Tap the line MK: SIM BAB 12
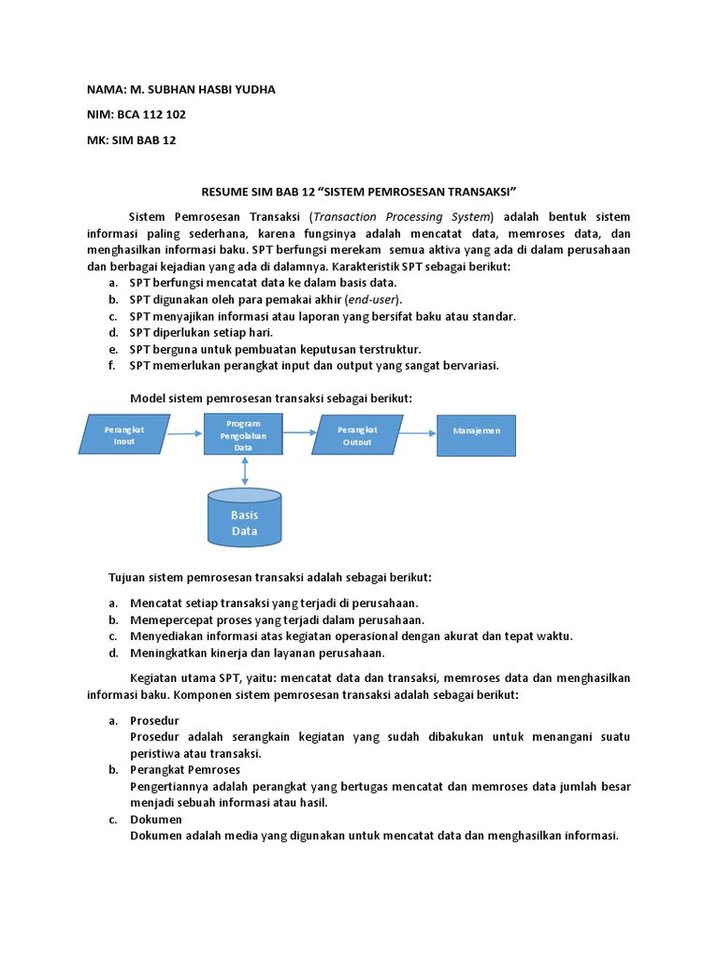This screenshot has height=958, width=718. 131,140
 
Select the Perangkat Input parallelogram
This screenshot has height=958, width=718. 125,435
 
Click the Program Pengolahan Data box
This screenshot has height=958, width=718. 243,435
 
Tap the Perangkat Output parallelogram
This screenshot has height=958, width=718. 357,435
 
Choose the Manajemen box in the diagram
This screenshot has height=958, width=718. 476,431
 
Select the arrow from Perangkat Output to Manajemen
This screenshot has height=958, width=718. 419,431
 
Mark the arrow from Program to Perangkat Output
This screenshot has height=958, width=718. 300,432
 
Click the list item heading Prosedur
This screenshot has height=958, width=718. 154,720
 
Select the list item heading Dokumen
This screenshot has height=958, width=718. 157,820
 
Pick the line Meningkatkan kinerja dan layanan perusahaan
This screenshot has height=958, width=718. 257,653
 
